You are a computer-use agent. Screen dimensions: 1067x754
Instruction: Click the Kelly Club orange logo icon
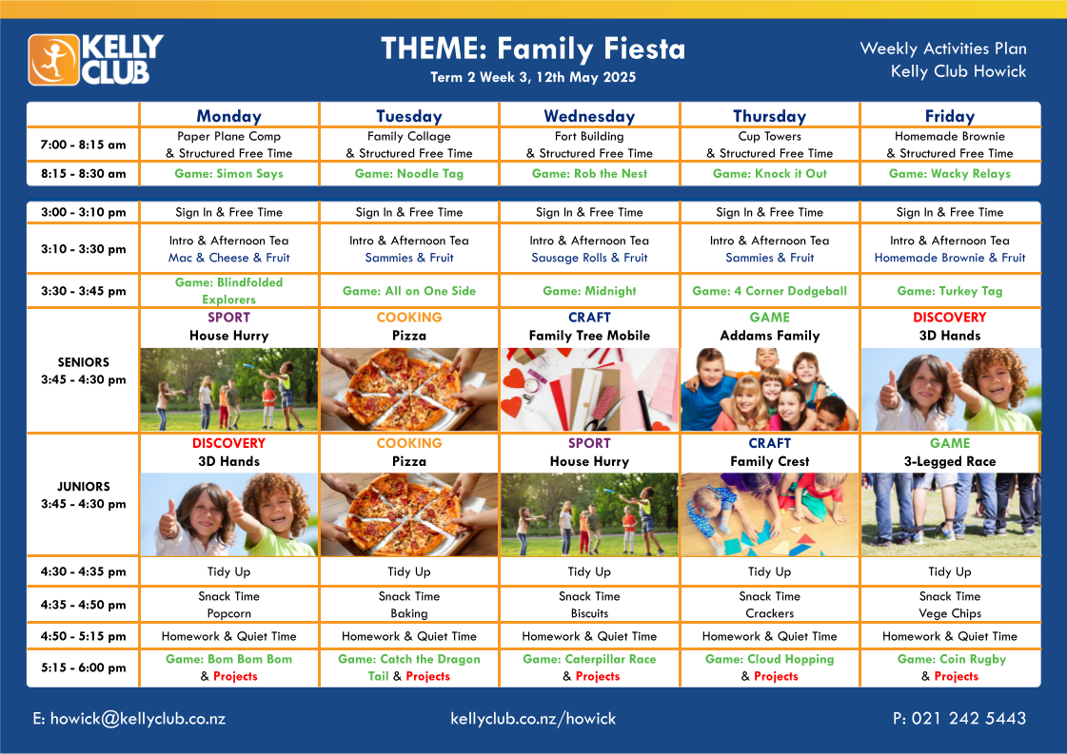point(53,60)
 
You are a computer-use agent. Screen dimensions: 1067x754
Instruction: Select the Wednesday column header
point(589,116)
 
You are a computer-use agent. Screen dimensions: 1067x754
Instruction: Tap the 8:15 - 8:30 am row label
point(83,173)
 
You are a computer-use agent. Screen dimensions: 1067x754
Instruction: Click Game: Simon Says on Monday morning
point(228,173)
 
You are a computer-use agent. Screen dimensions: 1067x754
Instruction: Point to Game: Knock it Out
point(770,173)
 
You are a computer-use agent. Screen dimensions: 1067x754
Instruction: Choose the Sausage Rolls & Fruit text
point(589,258)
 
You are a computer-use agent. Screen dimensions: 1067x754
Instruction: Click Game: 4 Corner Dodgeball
point(770,291)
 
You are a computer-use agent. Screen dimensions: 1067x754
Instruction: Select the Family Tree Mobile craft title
point(589,336)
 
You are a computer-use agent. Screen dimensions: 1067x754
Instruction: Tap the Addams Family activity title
point(770,336)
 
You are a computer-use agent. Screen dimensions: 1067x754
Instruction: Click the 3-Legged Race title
point(950,461)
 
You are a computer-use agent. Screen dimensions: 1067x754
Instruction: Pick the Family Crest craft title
point(770,461)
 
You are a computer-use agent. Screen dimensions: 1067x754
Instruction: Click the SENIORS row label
point(83,362)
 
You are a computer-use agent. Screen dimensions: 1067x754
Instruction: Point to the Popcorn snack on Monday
point(228,613)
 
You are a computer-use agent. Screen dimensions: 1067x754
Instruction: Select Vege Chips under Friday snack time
point(950,613)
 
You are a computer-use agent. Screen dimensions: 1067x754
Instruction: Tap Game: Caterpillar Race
point(589,659)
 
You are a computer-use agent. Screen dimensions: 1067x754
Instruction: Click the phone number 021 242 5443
point(969,718)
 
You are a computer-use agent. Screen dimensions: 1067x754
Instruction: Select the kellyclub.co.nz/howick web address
point(533,719)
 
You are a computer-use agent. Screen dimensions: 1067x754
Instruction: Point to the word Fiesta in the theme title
point(644,48)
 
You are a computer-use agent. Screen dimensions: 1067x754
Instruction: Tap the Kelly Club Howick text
point(958,71)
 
